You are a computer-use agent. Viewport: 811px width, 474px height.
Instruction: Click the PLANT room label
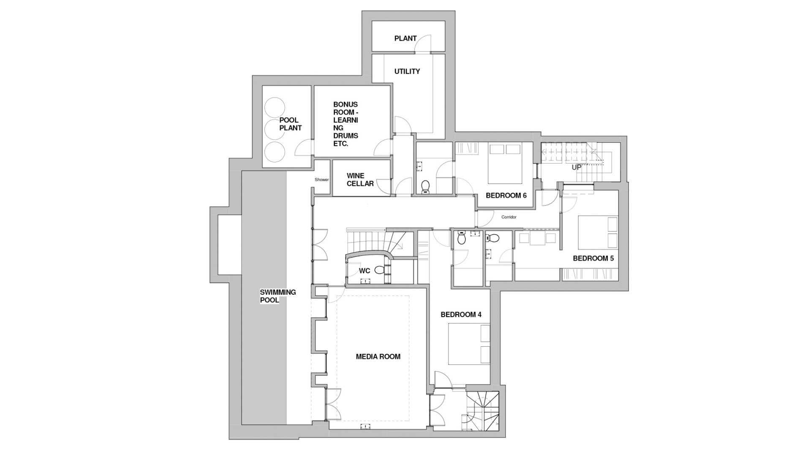(x=405, y=38)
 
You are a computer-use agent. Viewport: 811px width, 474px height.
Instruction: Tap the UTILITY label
(x=407, y=71)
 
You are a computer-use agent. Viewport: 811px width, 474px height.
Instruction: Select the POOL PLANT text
(x=290, y=124)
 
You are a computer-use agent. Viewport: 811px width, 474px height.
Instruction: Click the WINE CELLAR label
(x=360, y=180)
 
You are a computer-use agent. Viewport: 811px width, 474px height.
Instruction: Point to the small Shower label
(x=321, y=180)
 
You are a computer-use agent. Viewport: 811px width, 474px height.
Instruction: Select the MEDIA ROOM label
(x=378, y=356)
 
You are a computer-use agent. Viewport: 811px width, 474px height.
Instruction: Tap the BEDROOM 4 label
(x=461, y=315)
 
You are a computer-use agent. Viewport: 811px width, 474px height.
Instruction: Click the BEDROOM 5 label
(x=593, y=258)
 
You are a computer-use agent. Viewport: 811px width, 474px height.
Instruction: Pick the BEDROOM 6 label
(x=506, y=195)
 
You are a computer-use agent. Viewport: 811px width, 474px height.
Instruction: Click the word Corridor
(x=509, y=217)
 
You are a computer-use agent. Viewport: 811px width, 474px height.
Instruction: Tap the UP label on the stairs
(x=576, y=167)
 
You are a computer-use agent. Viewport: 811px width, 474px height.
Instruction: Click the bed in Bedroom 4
(x=468, y=344)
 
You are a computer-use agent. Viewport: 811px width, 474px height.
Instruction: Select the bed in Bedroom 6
(x=505, y=163)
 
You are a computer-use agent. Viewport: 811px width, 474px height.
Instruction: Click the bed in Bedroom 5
(x=596, y=232)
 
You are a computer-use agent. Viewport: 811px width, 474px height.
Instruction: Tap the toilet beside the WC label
(x=380, y=270)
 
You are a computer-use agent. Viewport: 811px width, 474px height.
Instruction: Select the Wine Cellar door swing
(x=384, y=186)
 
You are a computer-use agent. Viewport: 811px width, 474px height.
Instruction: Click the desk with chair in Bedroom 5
(x=537, y=238)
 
